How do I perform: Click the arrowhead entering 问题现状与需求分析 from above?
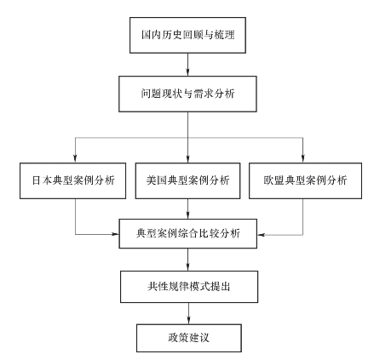(x=187, y=72)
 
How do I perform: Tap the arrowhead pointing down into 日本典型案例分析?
(x=75, y=159)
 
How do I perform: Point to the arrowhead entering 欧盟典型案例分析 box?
(x=303, y=159)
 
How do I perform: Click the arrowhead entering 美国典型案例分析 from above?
(x=187, y=159)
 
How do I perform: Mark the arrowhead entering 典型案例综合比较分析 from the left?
(x=115, y=234)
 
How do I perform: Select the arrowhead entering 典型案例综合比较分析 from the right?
(x=262, y=235)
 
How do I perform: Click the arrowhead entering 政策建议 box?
(x=189, y=320)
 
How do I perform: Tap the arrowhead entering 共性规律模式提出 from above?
(x=187, y=267)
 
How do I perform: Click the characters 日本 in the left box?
(x=42, y=180)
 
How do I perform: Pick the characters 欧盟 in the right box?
(x=273, y=180)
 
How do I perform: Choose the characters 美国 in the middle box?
(x=157, y=180)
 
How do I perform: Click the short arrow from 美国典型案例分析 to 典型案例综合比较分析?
(x=187, y=209)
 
